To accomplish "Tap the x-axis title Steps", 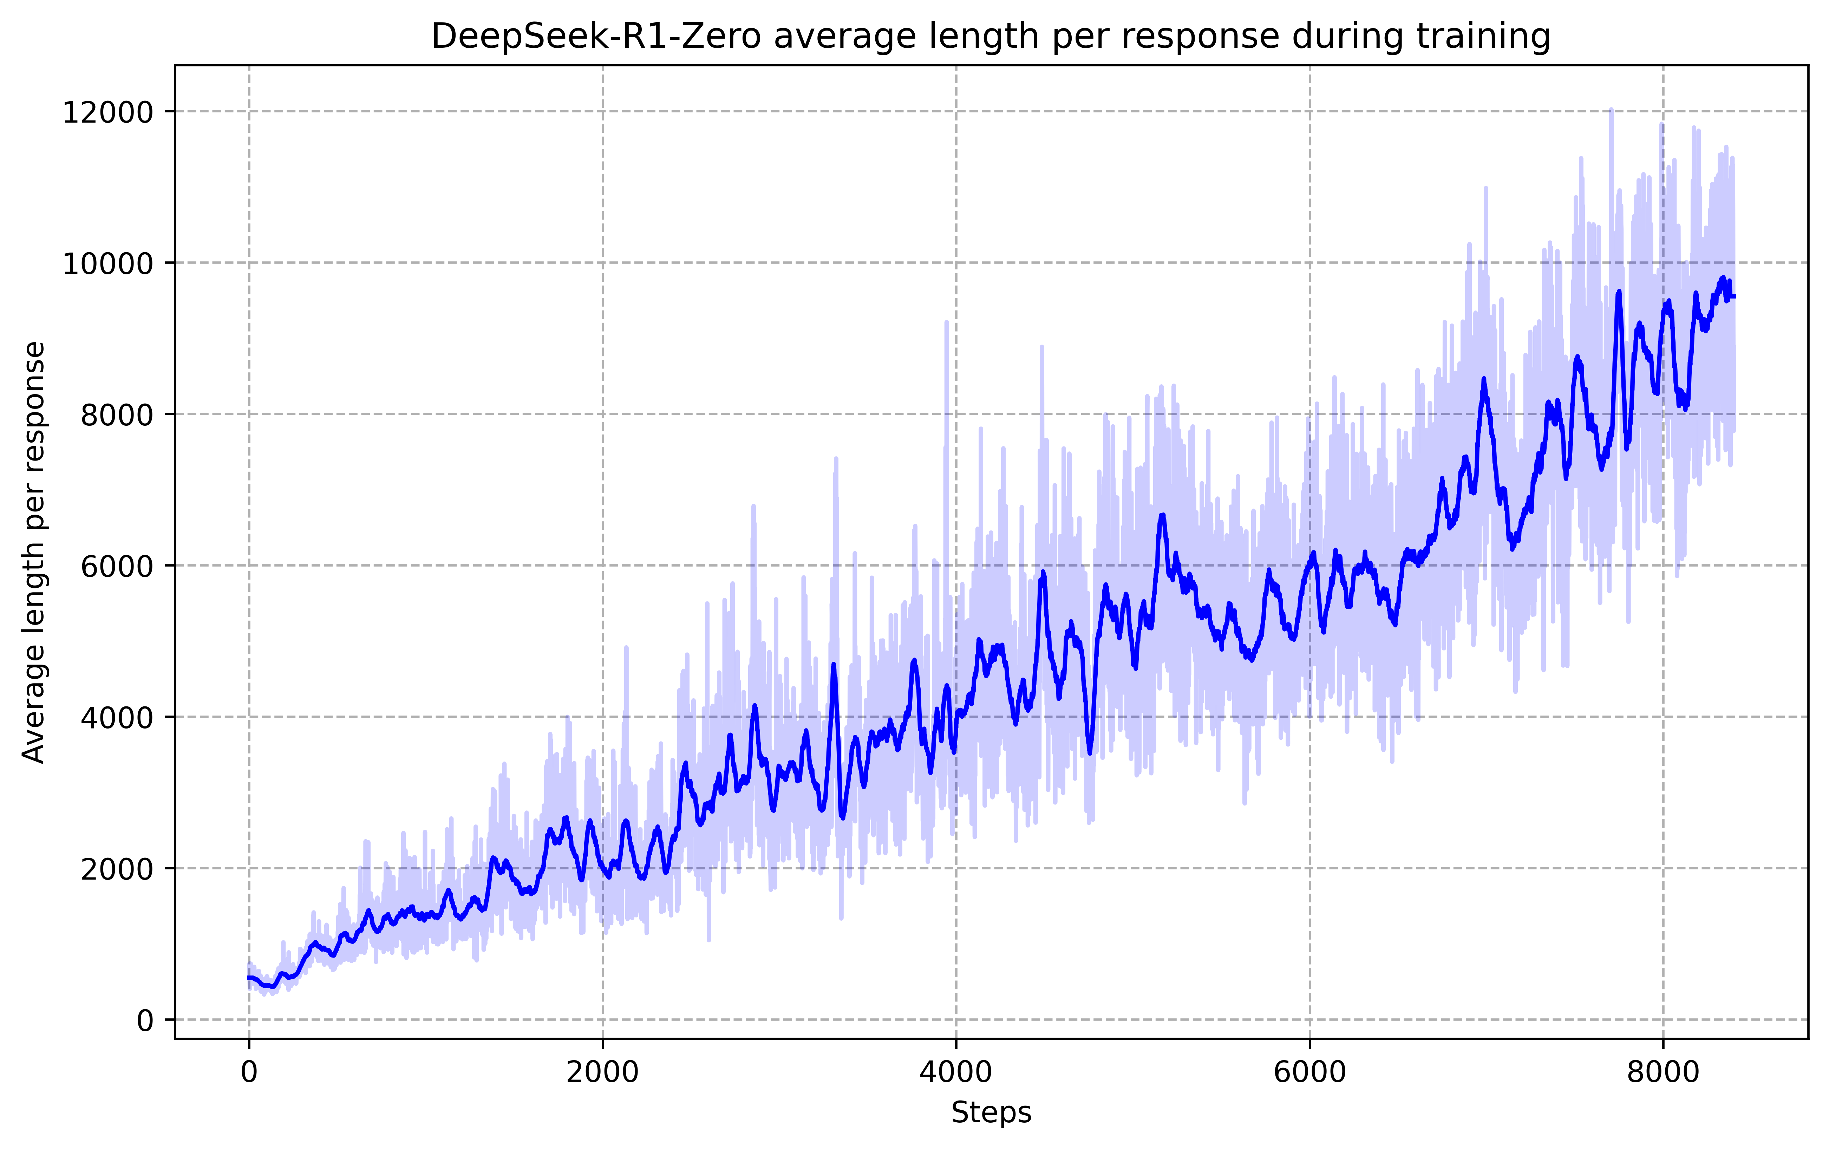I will (991, 1112).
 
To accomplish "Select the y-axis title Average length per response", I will (34, 552).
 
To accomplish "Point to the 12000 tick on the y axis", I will (107, 112).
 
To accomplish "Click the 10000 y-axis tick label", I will (107, 263).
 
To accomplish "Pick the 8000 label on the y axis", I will (116, 414).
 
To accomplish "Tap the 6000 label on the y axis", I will (116, 566).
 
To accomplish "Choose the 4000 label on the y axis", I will (116, 717).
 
